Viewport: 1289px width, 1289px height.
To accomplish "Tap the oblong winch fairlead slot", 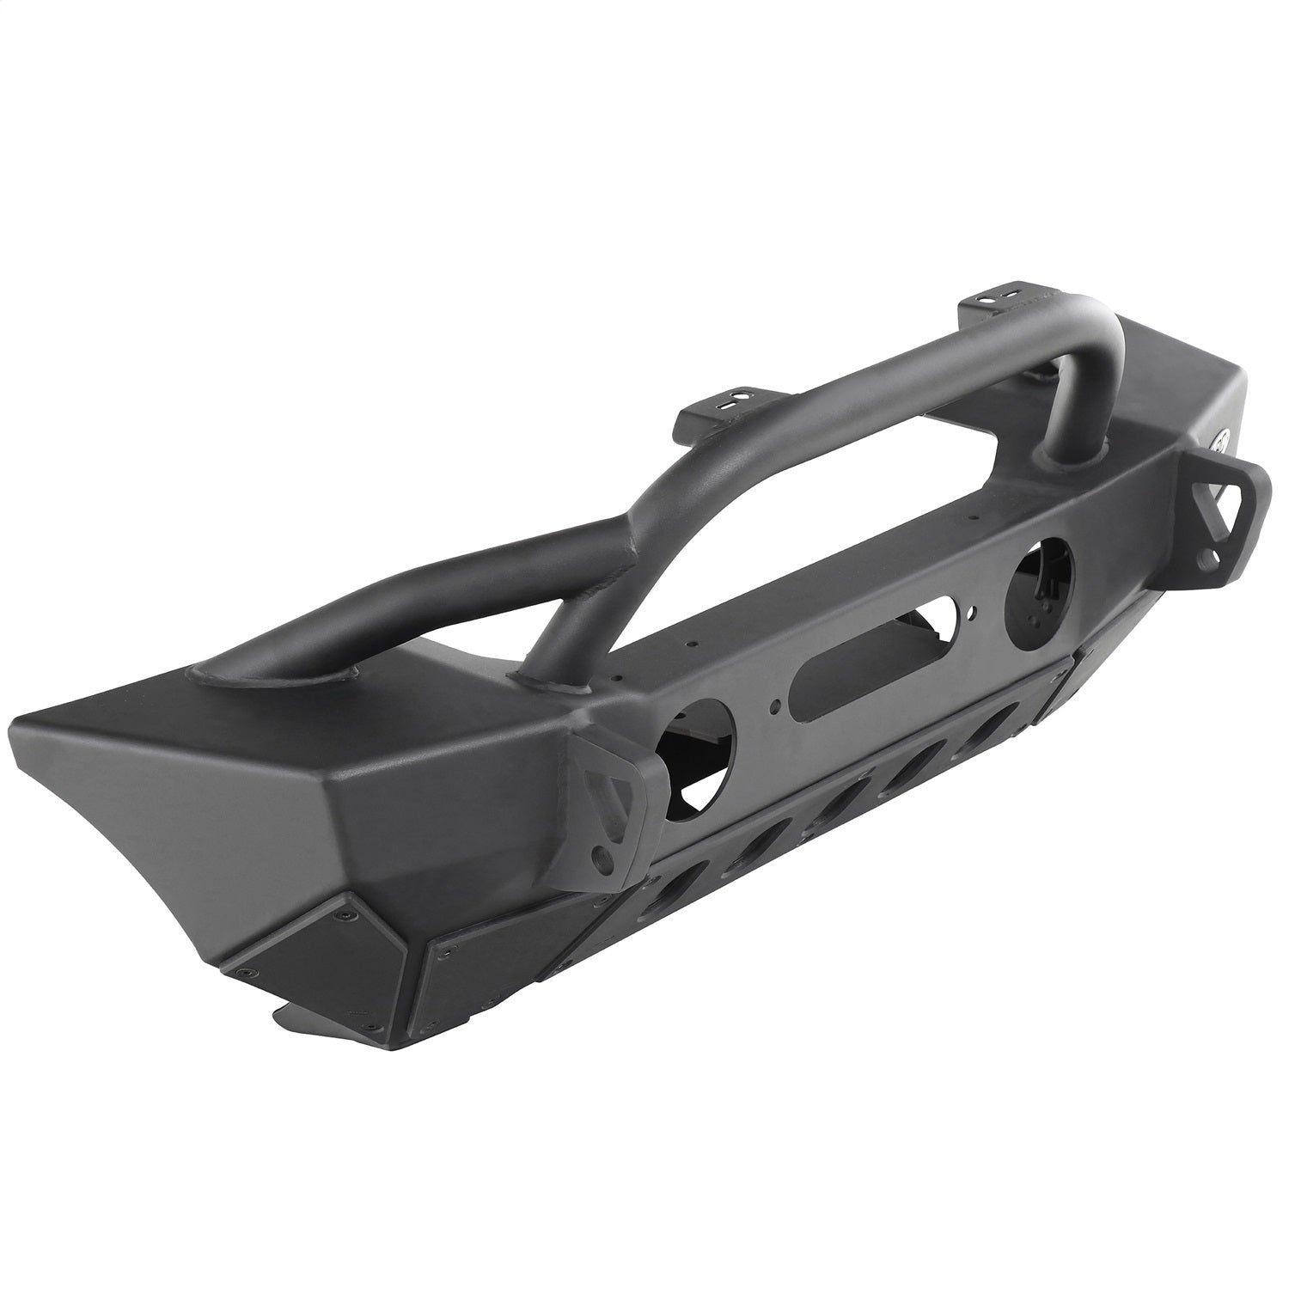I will [x=871, y=650].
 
